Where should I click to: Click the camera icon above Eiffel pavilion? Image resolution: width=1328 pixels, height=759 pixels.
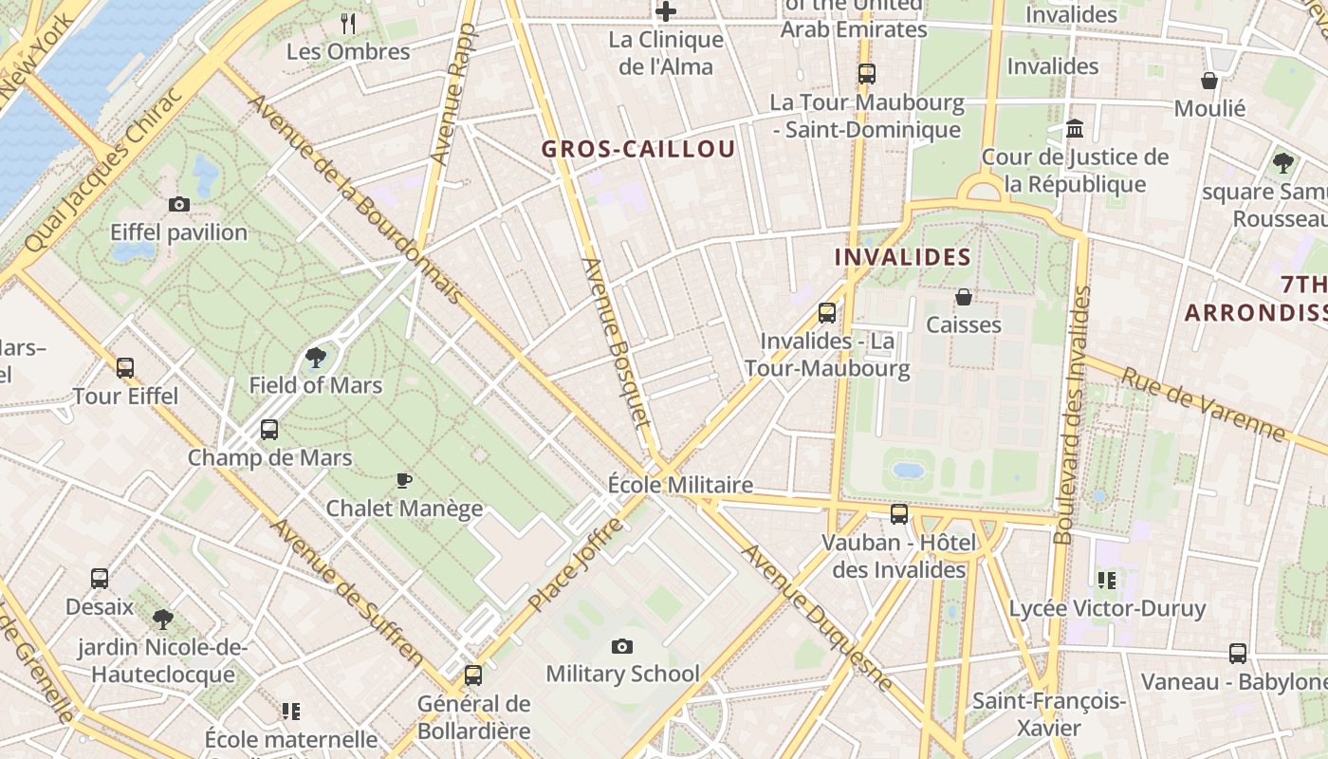coord(178,204)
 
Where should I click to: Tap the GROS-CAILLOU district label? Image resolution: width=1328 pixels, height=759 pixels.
coord(638,149)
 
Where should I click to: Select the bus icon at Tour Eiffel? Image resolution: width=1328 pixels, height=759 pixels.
coord(125,368)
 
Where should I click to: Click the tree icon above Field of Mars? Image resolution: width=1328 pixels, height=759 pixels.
coord(316,358)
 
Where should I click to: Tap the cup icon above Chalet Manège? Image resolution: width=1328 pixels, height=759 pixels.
coord(404,480)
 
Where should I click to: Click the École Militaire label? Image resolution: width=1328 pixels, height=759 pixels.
coord(680,485)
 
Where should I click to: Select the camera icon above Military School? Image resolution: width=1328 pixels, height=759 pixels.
coord(622,646)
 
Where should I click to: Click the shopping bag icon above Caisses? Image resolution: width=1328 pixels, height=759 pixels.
coord(964,297)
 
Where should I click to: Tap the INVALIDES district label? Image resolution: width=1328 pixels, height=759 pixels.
coord(902,257)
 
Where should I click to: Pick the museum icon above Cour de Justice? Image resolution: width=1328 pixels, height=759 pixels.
coord(1075,128)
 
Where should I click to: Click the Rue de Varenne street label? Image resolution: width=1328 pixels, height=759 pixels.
coord(1203,403)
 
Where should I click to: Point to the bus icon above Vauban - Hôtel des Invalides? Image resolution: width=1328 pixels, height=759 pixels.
coord(898,514)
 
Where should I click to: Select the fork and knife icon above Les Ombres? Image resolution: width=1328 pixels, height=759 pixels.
coord(348,24)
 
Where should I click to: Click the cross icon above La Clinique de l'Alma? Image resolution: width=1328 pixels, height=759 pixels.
coord(666,11)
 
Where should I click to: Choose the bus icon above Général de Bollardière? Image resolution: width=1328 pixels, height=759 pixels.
coord(472,676)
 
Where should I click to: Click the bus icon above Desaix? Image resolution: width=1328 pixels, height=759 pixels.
coord(100,578)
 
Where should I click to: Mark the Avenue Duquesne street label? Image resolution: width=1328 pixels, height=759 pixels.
coord(817,617)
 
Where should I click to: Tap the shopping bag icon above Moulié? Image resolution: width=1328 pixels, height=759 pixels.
coord(1209,81)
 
